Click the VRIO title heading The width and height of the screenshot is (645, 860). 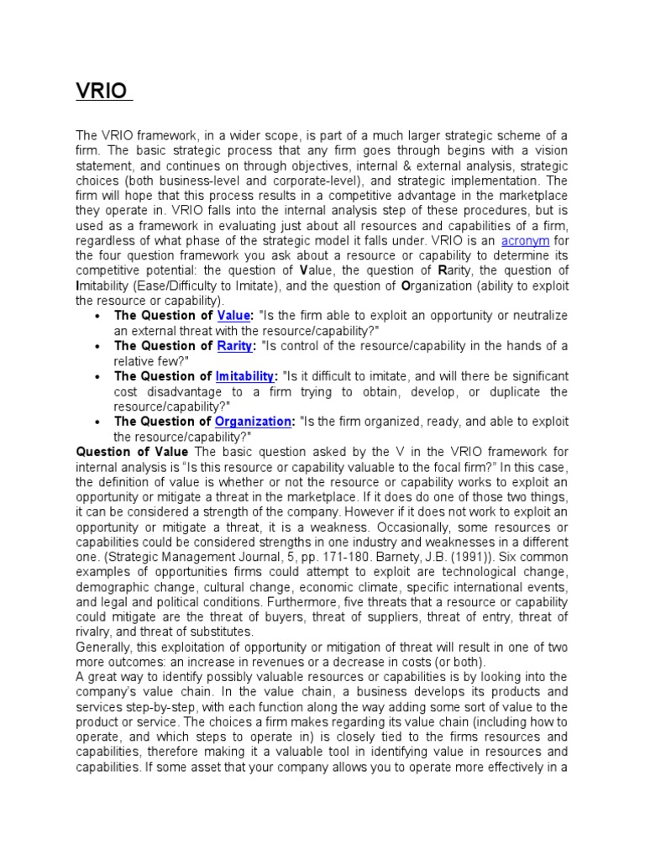[103, 90]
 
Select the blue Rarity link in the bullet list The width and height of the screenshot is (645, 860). [235, 346]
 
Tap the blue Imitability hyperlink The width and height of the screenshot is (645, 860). [245, 376]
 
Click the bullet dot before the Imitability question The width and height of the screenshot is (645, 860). [99, 376]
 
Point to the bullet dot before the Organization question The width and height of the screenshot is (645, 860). [99, 422]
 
